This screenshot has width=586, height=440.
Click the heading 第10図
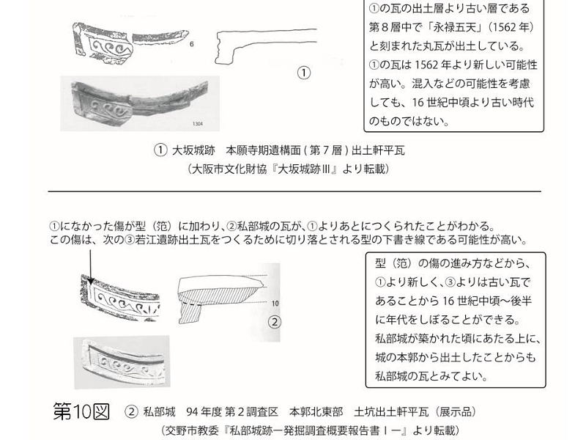pos(81,411)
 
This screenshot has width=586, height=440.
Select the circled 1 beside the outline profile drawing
pos(304,73)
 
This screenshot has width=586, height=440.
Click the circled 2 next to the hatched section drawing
pos(275,322)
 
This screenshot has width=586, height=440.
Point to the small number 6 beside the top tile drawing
pos(192,44)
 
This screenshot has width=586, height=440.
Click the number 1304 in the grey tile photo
pos(198,123)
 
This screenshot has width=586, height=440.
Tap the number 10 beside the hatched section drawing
pos(275,303)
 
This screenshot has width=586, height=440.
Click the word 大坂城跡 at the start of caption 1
pos(193,150)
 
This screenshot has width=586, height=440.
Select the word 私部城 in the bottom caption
pos(159,412)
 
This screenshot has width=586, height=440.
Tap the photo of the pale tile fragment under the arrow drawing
pos(122,362)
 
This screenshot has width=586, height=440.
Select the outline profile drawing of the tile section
pos(266,45)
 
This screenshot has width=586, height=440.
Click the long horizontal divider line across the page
pos(294,191)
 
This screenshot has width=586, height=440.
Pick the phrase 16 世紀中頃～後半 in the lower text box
pos(487,301)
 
